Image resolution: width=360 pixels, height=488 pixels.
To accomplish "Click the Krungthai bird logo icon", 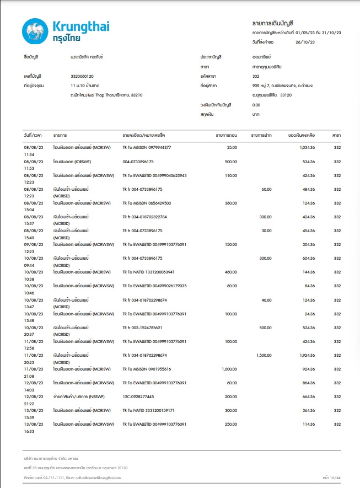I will coord(34,32).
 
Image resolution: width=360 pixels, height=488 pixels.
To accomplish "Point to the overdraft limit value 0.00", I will coord(256,105).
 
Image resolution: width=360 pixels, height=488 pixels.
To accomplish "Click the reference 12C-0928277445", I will coord(138,396).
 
